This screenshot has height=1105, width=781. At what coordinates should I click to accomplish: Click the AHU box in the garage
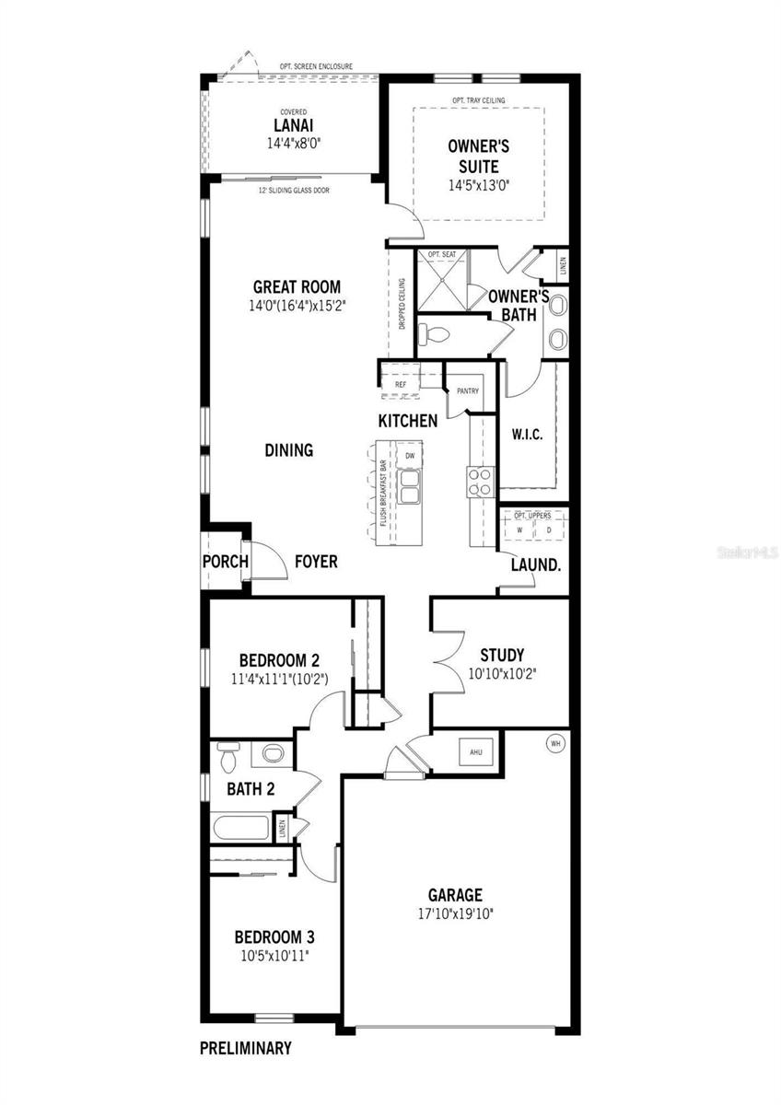[476, 751]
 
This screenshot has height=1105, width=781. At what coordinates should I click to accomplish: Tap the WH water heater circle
[554, 743]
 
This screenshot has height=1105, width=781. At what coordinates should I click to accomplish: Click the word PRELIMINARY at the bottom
[246, 1047]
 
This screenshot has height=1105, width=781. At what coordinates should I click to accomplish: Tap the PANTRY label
[467, 390]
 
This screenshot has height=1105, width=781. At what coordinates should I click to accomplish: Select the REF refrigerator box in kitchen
[401, 385]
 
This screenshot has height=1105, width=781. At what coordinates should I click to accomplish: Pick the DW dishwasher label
[410, 456]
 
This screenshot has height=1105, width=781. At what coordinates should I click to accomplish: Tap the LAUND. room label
[536, 565]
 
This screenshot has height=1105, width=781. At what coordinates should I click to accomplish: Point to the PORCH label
[222, 562]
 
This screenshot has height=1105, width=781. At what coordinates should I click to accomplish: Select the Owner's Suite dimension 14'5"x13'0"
[478, 184]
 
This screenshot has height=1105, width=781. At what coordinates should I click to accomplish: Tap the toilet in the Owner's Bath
[433, 332]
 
